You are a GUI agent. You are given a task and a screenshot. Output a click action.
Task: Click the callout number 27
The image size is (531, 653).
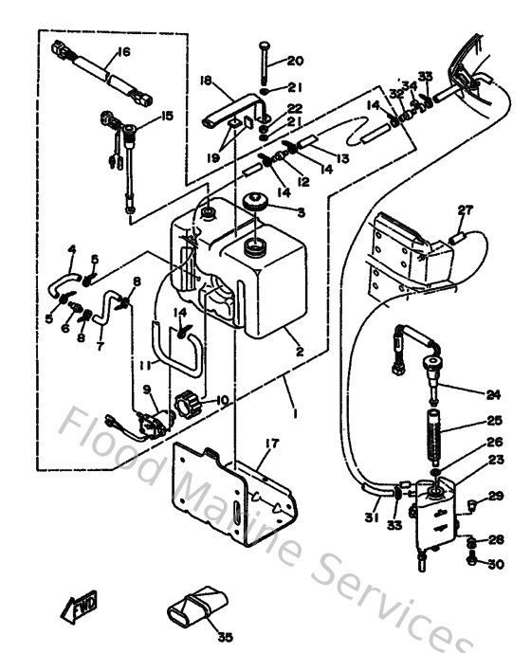(465, 209)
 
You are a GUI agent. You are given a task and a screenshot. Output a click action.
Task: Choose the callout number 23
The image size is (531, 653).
(495, 460)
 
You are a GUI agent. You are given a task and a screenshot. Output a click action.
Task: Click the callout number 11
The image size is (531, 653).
(145, 365)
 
